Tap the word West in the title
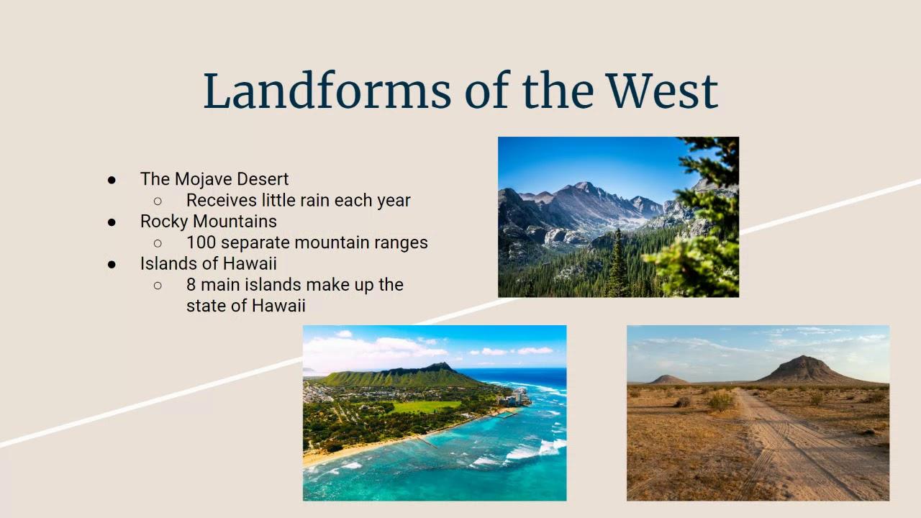663,91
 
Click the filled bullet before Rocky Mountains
112,222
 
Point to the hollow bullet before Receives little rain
158,201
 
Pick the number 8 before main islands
191,284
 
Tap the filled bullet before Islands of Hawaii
112,264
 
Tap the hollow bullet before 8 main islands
158,286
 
